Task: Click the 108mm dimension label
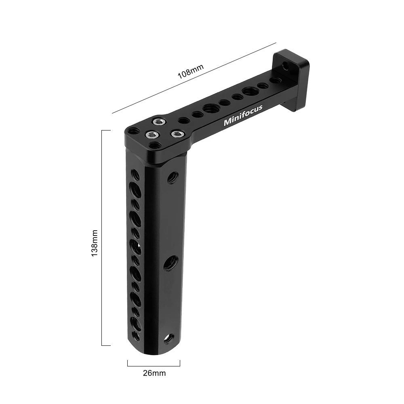(191, 72)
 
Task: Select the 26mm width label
(154, 373)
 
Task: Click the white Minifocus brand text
(243, 116)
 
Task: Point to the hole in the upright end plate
(287, 65)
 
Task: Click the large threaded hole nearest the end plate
(248, 91)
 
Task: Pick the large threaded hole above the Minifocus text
(210, 108)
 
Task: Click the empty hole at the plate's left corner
(132, 131)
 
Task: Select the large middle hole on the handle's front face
(169, 264)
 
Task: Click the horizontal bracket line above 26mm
(154, 366)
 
